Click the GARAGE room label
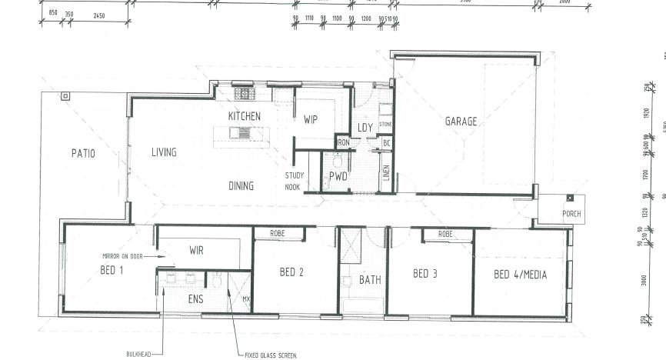(x=461, y=121)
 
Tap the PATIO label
(x=83, y=153)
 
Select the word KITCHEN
(x=245, y=116)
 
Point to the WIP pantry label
(x=311, y=120)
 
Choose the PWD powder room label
(x=338, y=176)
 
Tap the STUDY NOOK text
(x=294, y=180)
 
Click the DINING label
(x=241, y=185)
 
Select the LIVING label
(x=164, y=152)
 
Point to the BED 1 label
(x=112, y=270)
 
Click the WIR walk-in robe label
(x=196, y=250)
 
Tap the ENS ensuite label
(x=195, y=298)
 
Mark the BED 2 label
(x=292, y=272)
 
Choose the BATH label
(x=371, y=280)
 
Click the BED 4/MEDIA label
(x=520, y=274)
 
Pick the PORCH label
(x=571, y=214)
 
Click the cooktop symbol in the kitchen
(x=245, y=95)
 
